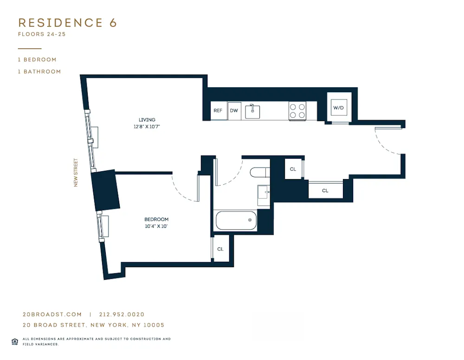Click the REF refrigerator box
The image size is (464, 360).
[x=218, y=111]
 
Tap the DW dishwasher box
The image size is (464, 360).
[x=234, y=111]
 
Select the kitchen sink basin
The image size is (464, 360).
[x=252, y=112]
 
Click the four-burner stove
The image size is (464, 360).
[x=297, y=111]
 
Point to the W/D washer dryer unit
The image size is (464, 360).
[x=339, y=108]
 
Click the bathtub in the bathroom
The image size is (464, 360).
[x=236, y=220]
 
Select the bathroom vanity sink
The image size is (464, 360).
[x=264, y=193]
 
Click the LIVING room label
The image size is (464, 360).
[x=147, y=120]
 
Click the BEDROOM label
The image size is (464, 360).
[x=156, y=219]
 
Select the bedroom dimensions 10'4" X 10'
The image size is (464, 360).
[x=156, y=226]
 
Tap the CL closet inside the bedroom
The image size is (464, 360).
[x=220, y=249]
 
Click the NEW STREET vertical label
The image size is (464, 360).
[x=76, y=173]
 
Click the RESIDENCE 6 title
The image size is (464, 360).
[x=67, y=23]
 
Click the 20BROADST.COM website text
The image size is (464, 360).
[x=52, y=315]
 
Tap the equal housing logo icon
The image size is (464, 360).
[x=15, y=341]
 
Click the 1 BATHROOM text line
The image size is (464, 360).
[x=39, y=71]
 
